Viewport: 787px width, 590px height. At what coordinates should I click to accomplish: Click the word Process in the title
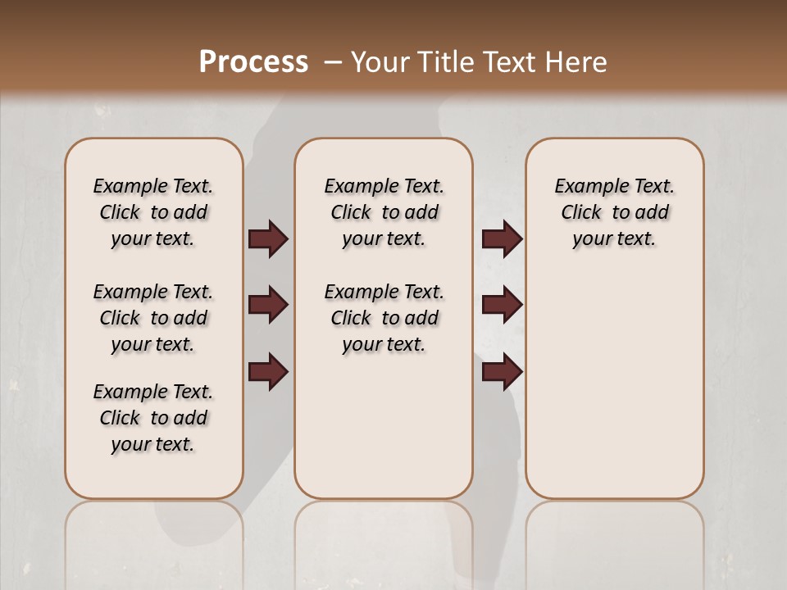[253, 62]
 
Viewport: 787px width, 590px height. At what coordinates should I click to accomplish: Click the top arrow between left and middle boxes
[267, 239]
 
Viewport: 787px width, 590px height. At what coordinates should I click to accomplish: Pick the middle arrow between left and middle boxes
[267, 305]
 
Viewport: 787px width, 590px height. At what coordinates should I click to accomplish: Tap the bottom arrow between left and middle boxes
[267, 372]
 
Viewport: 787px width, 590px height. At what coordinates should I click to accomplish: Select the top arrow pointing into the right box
[502, 239]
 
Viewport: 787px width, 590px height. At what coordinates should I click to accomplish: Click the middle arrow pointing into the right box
[502, 305]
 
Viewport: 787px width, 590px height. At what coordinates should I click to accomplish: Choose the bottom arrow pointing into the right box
[502, 372]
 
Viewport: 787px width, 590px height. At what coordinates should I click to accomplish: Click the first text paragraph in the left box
[153, 212]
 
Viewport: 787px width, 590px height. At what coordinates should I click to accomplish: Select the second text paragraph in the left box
[153, 318]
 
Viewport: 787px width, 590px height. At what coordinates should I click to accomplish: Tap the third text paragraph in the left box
[153, 418]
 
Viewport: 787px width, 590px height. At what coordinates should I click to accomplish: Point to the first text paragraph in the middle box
[384, 212]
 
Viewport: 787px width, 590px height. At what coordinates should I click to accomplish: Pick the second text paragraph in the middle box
[384, 318]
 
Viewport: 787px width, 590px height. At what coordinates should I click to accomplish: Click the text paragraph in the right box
[614, 212]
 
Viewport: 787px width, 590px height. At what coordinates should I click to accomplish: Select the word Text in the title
[508, 62]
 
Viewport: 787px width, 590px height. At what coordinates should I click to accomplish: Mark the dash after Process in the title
[333, 62]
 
